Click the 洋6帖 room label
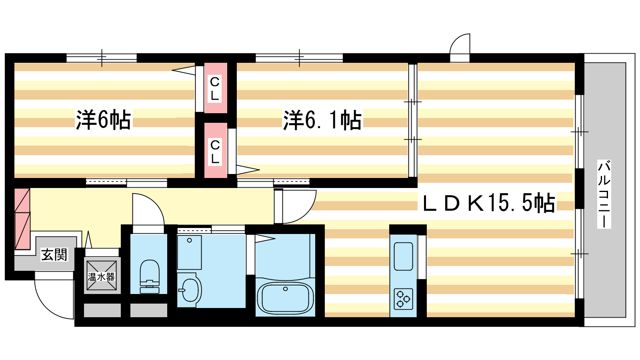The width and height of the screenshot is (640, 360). click(103, 120)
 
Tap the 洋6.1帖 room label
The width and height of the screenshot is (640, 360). click(322, 120)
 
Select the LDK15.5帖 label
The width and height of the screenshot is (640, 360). click(489, 203)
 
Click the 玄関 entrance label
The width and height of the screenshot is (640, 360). click(54, 254)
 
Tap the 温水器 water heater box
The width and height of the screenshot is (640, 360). click(102, 276)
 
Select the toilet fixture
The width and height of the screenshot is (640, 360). click(150, 276)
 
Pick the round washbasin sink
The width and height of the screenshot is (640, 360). click(190, 290)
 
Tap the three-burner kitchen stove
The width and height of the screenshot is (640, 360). click(403, 299)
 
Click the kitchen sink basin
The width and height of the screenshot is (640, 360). click(403, 256)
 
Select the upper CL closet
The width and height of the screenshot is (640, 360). click(216, 88)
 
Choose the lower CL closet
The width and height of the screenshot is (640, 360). click(216, 150)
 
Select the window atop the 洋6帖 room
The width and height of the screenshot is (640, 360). click(102, 58)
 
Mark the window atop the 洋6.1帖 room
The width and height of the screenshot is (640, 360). click(299, 58)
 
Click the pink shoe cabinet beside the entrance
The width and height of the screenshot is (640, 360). click(22, 219)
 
